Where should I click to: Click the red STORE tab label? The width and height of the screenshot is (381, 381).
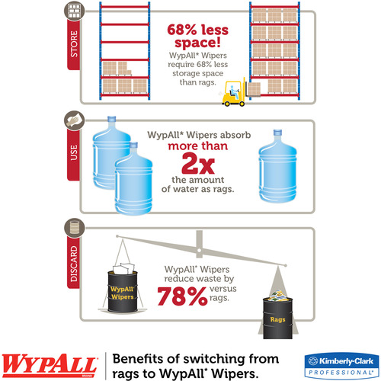[74, 44]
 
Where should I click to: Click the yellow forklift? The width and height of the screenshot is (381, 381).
[234, 92]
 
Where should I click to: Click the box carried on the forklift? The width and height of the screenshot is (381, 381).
[254, 89]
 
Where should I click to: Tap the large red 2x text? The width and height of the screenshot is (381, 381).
[198, 164]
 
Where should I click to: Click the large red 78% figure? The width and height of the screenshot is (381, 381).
[182, 296]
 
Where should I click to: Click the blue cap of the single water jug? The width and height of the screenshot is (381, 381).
[277, 133]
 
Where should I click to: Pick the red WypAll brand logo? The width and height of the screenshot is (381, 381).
[50, 365]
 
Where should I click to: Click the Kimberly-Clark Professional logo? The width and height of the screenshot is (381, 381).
[341, 366]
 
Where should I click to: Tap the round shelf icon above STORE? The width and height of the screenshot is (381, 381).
[74, 11]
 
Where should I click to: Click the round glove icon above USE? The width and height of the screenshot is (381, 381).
[74, 120]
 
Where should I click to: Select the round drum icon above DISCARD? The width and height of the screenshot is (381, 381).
[74, 228]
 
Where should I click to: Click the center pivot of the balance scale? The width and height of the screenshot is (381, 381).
[200, 251]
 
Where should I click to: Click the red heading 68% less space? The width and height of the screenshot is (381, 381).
[197, 36]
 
